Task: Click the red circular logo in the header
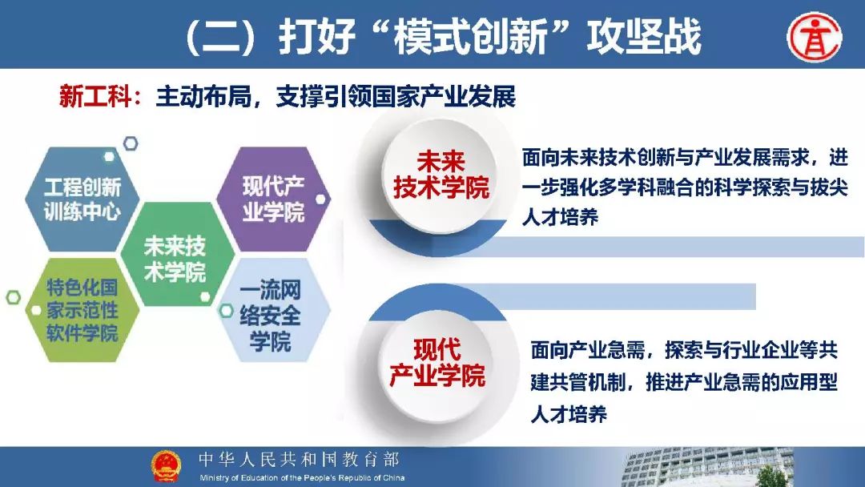[815, 37]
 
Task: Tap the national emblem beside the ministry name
[166, 465]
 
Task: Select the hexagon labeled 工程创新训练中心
[82, 199]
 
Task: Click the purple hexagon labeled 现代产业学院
[274, 199]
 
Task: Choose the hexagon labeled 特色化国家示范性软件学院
[82, 310]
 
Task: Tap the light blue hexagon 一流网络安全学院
[272, 310]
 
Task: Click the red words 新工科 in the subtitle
[95, 96]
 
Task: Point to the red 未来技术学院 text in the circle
[441, 175]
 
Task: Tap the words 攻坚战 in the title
[644, 36]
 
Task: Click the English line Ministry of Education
[302, 477]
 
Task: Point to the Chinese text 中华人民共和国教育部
[299, 459]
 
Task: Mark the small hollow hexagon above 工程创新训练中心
[131, 143]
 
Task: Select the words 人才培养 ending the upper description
[561, 217]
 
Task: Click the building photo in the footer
[708, 467]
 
